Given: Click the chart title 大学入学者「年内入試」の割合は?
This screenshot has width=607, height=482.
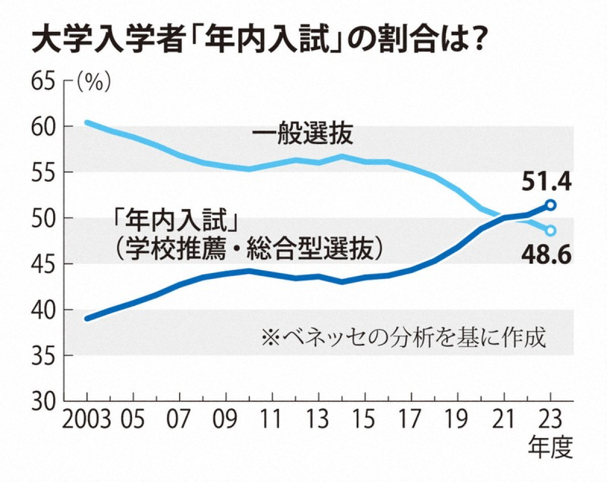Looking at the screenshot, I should pos(255,40).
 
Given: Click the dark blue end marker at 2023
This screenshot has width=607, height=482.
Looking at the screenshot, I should pos(551,205).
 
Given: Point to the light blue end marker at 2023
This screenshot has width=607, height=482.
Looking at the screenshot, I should pos(551,230).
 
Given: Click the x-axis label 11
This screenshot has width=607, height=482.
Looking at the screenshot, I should pos(273,419).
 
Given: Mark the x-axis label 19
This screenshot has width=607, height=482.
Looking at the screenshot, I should pos(458,419).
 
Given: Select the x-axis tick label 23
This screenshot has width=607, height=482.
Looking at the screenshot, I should pos(551,419).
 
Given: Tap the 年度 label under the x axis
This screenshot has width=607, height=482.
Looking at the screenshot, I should pos(551,447).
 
